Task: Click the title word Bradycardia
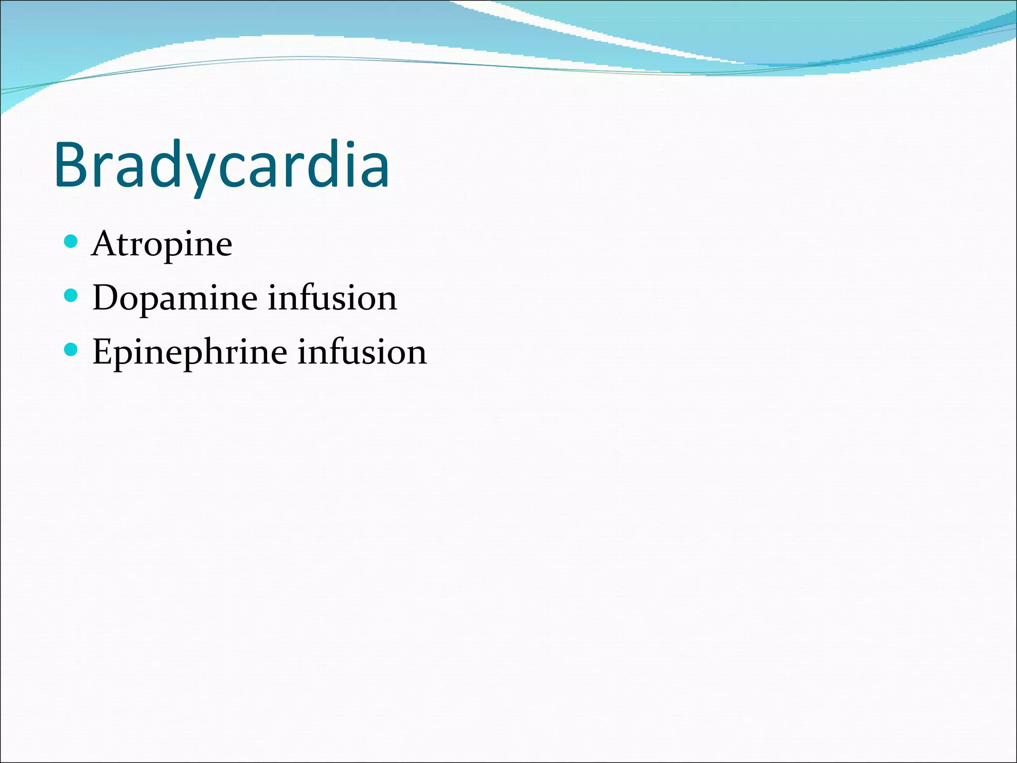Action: (x=221, y=165)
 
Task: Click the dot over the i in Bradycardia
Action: (x=351, y=145)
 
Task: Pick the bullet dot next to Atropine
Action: (x=72, y=242)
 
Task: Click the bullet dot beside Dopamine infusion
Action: (x=72, y=296)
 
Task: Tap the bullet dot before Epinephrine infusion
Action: (x=72, y=350)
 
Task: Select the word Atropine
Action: (x=162, y=244)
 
